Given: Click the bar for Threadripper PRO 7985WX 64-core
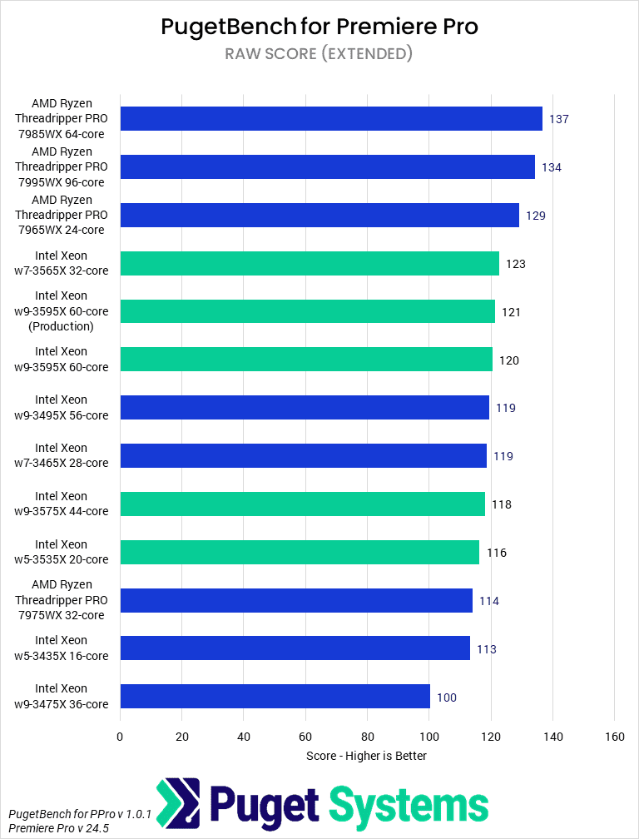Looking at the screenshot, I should (x=331, y=119).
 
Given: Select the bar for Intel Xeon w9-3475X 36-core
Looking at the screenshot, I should (x=275, y=697).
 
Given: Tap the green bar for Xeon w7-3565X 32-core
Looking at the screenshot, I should (x=310, y=264).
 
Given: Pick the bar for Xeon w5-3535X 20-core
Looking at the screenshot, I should (x=300, y=553).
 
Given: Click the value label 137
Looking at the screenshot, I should (x=558, y=119).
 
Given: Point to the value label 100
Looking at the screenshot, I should (x=447, y=698).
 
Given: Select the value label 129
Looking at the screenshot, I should (x=535, y=216).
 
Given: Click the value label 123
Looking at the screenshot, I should (x=516, y=264).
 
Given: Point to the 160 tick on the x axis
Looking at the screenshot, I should (x=614, y=737).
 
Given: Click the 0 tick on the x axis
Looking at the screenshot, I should (x=120, y=737).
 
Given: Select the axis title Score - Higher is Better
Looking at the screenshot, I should (x=367, y=756).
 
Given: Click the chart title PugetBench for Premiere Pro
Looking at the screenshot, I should (x=319, y=27).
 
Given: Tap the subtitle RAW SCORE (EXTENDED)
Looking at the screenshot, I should (x=319, y=54).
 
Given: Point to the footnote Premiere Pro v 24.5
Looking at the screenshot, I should (x=59, y=829).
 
